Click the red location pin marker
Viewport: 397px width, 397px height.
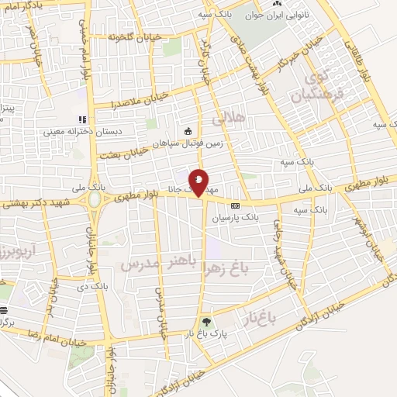pos(199,183)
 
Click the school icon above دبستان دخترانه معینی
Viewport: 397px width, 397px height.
pos(81,119)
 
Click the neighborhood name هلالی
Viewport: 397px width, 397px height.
pos(228,119)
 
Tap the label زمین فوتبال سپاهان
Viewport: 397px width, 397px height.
pos(166,143)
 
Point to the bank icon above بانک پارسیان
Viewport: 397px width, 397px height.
pos(236,206)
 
